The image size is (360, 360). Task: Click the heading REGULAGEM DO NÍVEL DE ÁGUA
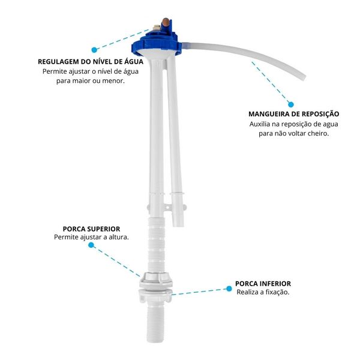(x=91, y=62)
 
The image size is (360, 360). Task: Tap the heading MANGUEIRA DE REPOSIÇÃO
(x=293, y=114)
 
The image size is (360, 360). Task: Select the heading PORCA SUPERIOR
(x=91, y=229)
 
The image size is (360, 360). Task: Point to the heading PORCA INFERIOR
(x=263, y=284)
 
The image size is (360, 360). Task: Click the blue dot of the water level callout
(x=94, y=50)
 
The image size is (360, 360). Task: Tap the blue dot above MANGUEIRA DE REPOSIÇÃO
(x=290, y=104)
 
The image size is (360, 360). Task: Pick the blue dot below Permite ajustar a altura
(x=91, y=245)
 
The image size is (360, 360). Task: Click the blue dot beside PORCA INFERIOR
(x=229, y=289)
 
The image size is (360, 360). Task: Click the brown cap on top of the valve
(x=166, y=22)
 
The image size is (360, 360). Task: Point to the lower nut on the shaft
(x=155, y=295)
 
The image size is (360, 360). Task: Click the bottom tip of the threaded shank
(x=155, y=341)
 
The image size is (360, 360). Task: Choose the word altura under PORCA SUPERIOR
(x=119, y=237)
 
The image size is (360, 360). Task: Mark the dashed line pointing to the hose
(x=271, y=82)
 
